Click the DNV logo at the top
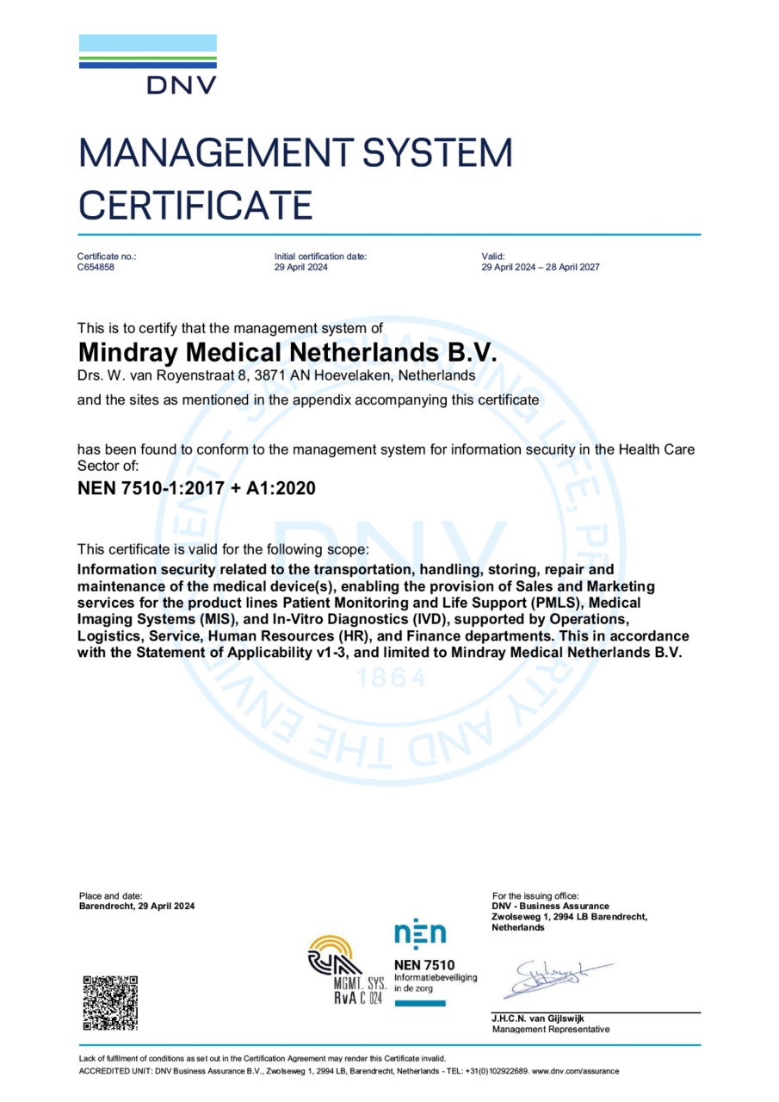coord(148,65)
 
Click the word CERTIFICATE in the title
coord(195,206)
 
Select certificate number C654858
coord(96,267)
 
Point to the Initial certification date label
coord(320,256)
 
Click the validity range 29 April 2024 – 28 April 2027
coord(541,267)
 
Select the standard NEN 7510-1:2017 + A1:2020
coord(196,489)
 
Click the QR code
coord(109,1003)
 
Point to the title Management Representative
coord(550,1030)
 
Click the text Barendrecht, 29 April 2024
coord(136,906)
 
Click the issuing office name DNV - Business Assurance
coord(550,906)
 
